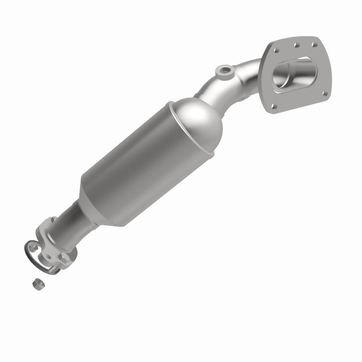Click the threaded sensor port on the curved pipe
point(225,71)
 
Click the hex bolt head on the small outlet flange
point(63,257)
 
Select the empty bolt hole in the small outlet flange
point(49,257)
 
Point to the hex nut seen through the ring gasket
point(33,247)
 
